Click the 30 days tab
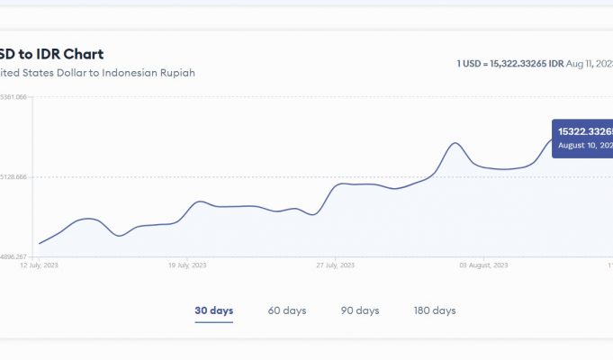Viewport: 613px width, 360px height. [213, 310]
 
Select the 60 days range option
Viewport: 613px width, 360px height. [287, 310]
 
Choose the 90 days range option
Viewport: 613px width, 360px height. [360, 310]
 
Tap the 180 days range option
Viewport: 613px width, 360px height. [435, 310]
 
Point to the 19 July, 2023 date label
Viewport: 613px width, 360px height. [189, 265]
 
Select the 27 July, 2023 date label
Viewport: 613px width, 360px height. [338, 265]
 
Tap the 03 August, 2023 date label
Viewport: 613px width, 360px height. [483, 265]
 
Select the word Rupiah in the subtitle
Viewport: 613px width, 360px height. [176, 72]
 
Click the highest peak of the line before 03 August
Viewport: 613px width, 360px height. [456, 143]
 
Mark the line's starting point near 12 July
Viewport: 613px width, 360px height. [40, 243]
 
